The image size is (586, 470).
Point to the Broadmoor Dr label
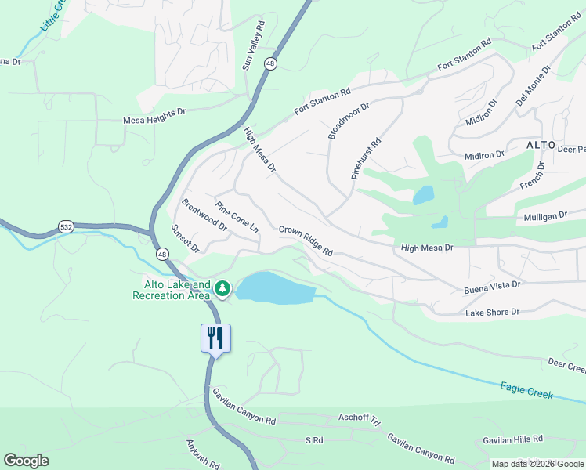(349, 119)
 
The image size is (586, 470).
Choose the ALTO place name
(541, 146)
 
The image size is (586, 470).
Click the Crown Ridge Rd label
(306, 241)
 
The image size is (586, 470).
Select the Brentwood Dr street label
(204, 214)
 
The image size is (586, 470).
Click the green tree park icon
(222, 289)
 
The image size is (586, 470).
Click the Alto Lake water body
(274, 289)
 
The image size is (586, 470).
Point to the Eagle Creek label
(526, 391)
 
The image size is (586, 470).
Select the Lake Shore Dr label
(493, 312)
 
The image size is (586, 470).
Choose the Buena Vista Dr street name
(492, 287)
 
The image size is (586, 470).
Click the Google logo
(26, 461)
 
